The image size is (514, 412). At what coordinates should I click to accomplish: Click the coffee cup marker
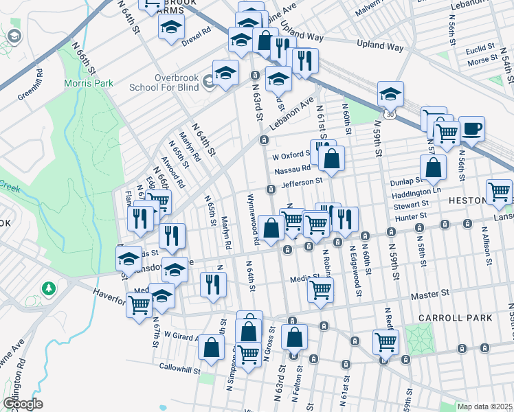tap(471, 128)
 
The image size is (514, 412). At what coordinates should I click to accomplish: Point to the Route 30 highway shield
tap(390, 112)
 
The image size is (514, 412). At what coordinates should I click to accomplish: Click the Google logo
tap(22, 404)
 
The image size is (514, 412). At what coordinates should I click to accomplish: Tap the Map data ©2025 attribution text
tap(484, 407)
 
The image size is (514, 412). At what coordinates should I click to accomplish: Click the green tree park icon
tap(48, 286)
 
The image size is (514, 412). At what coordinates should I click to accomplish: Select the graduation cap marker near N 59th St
tap(390, 93)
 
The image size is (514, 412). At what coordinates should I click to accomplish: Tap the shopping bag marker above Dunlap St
tap(434, 167)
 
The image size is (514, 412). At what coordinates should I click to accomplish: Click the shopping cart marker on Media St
tap(321, 290)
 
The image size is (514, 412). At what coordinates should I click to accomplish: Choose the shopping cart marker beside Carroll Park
tap(385, 341)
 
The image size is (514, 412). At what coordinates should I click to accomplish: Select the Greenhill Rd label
tap(32, 84)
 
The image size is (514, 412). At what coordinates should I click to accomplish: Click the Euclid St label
tap(480, 48)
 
